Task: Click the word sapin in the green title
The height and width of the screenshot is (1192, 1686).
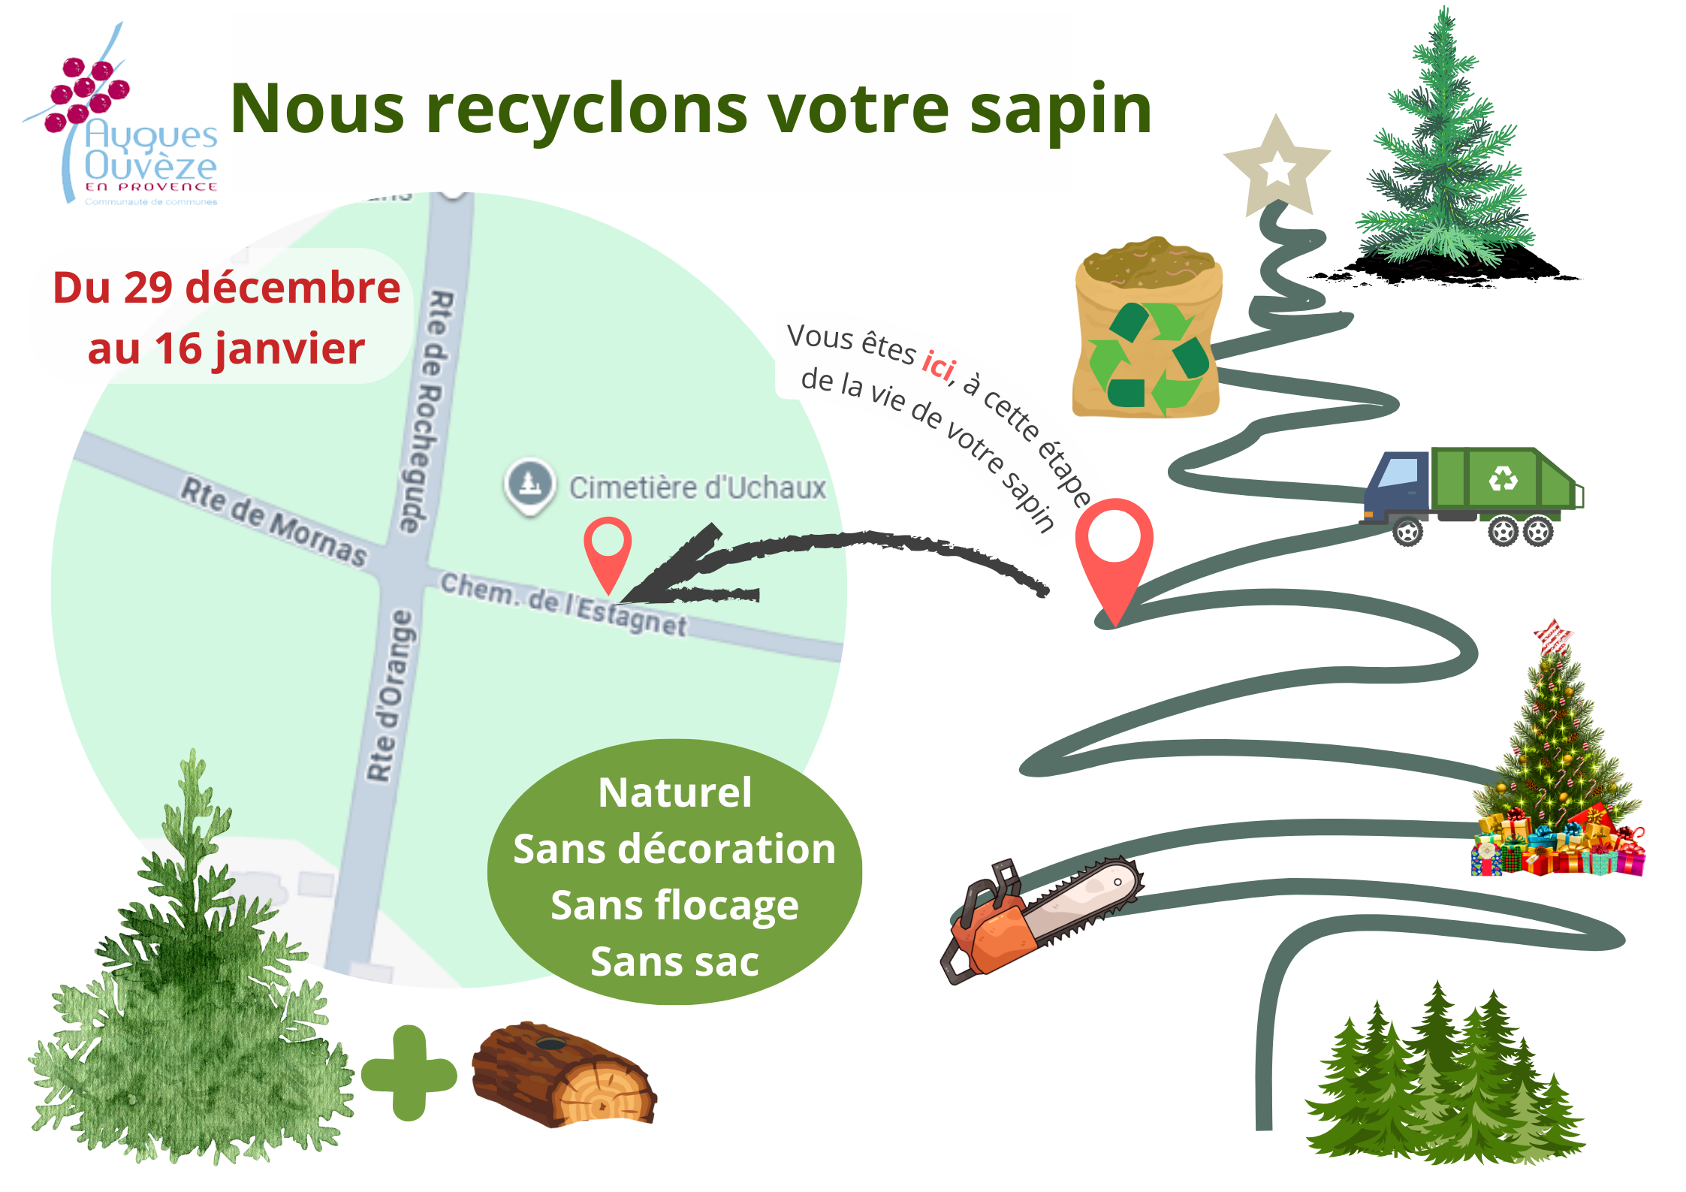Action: click(1060, 111)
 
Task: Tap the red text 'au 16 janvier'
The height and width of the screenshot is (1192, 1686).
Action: click(226, 349)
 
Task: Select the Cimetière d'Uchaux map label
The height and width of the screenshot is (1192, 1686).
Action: click(697, 488)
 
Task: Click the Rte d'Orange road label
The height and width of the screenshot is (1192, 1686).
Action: click(391, 696)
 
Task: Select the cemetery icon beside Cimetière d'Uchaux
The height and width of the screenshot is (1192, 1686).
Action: click(530, 483)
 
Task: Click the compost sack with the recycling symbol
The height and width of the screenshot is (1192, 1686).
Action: click(1146, 330)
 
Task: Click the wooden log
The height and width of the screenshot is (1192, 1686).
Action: click(563, 1074)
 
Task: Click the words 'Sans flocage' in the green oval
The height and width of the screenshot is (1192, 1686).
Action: click(674, 905)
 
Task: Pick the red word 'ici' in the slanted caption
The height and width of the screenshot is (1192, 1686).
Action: click(939, 366)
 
